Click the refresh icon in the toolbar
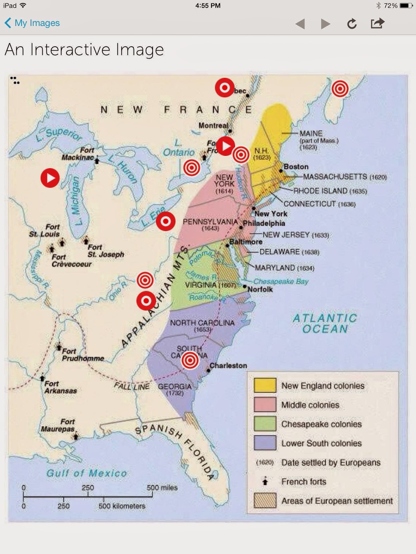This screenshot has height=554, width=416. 352,24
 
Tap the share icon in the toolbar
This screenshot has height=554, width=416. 378,23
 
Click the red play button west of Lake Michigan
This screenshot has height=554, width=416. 50,178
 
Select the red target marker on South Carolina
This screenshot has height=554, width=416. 190,360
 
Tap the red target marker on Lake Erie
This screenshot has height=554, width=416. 166,221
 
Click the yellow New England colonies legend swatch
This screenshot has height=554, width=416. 265,385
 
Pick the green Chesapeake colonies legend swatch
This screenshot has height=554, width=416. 265,424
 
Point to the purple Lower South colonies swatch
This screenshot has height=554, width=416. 265,443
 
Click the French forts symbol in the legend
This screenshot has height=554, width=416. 265,481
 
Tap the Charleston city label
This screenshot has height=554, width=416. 228,366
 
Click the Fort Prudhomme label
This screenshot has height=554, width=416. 83,355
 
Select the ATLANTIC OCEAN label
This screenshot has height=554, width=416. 325,323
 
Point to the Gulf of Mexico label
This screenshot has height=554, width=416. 87,473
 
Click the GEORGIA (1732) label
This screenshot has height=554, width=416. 175,389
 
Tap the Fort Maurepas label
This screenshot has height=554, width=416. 58,425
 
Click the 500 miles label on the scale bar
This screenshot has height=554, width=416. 162,488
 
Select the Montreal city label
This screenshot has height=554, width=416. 213,126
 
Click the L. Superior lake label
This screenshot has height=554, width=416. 59,135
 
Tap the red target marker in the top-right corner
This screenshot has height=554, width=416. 340,89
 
